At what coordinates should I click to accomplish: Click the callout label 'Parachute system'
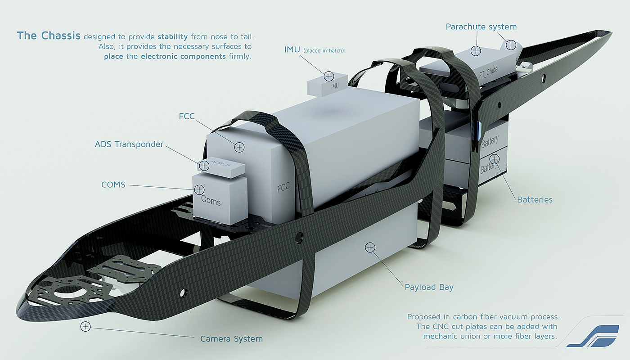coord(481,27)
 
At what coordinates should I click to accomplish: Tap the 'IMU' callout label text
coord(292,49)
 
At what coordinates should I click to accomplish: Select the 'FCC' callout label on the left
coord(186,117)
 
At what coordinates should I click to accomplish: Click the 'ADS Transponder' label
coord(129,144)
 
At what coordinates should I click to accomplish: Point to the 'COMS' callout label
coord(113,184)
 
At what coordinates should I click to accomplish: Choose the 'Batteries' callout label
coord(535,199)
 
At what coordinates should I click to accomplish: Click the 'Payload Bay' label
coord(429,287)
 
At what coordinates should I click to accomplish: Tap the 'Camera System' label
coord(231,339)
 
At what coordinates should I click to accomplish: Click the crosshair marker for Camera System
coord(85,327)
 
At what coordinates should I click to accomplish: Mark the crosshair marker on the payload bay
coord(370,247)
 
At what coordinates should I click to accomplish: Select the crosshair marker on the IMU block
coord(329,76)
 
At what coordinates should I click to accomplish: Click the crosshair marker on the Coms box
coord(199,189)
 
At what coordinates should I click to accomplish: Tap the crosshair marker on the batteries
coord(495,159)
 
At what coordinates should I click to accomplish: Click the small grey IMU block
coord(328,84)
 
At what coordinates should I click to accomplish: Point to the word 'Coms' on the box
coord(211,200)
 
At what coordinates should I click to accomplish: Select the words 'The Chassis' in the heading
coord(49,36)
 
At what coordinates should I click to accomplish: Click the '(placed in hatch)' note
coord(324,51)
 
